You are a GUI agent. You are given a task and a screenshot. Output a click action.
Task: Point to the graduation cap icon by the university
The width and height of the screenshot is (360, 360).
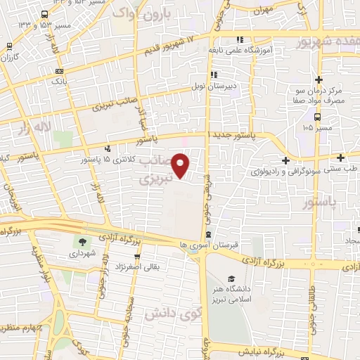232,278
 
